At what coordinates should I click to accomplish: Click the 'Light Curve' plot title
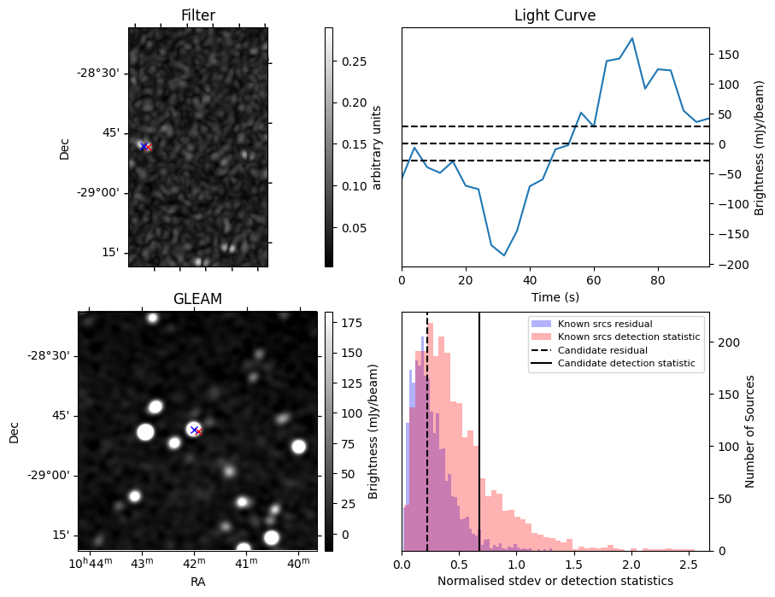pos(555,16)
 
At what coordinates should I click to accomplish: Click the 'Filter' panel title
pos(197,16)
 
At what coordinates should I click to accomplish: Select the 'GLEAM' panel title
pos(197,299)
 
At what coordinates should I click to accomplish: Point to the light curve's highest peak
pos(631,38)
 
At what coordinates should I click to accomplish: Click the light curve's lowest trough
pos(504,255)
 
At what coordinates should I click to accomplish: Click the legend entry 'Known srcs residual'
pos(605,325)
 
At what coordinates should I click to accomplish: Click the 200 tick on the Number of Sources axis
pos(725,342)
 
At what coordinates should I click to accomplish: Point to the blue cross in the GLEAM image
pos(194,429)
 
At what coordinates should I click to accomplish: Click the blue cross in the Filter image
pos(143,146)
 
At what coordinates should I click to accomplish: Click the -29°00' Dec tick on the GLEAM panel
pos(48,476)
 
